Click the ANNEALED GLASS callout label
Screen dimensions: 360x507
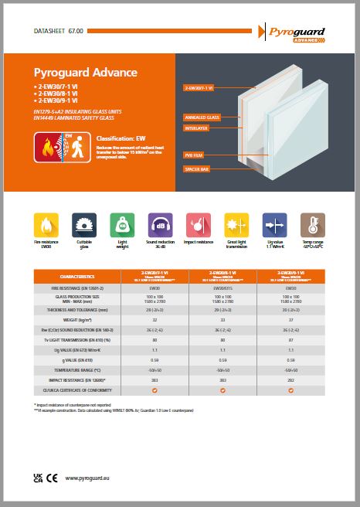pyautogui.click(x=203, y=117)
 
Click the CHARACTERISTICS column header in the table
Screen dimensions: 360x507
pyautogui.click(x=77, y=276)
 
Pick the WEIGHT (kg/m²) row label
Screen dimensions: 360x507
pyautogui.click(x=77, y=318)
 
